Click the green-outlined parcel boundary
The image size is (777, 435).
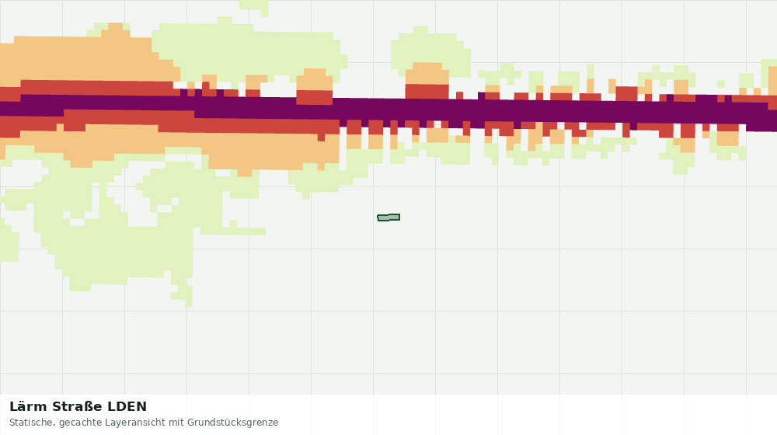tap(388, 217)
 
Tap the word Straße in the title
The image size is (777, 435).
tap(77, 407)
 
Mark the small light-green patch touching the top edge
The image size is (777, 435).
tap(254, 6)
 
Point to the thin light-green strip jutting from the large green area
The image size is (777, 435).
tap(233, 231)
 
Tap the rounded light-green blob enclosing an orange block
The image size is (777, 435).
tap(430, 50)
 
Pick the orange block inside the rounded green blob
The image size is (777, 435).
tap(427, 73)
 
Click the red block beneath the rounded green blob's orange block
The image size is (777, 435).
tap(427, 92)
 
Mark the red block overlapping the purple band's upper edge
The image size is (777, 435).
tap(314, 97)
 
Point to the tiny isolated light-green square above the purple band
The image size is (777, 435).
tap(721, 84)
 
